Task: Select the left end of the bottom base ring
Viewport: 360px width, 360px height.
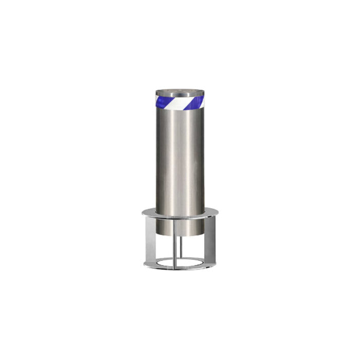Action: tap(146, 263)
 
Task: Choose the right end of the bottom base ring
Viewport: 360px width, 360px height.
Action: tap(214, 263)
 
